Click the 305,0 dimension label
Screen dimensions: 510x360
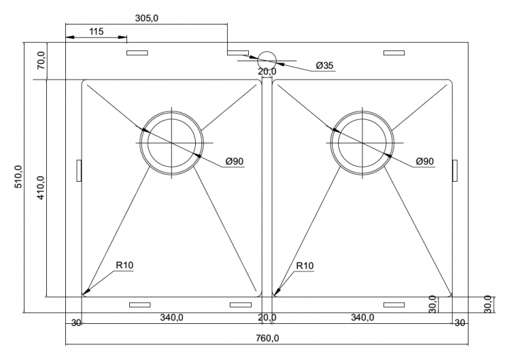147,18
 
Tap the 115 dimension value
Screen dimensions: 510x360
96,31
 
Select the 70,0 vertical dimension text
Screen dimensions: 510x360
41,61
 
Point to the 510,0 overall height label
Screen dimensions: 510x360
19,176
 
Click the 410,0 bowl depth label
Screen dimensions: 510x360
41,188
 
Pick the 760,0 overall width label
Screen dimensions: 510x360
267,338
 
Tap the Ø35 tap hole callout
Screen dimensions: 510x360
324,65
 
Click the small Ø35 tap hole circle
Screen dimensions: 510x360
267,61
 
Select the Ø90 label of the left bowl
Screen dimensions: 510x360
234,161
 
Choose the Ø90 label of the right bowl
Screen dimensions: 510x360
425,161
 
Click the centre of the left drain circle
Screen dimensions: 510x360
172,142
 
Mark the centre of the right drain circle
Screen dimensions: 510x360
362,142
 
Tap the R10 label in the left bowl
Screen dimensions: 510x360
124,265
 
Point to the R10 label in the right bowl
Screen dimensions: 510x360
305,266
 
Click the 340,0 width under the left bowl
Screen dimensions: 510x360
171,317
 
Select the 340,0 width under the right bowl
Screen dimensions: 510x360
362,317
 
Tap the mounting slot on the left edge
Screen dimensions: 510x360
78,170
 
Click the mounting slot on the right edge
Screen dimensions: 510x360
455,170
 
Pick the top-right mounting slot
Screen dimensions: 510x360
394,52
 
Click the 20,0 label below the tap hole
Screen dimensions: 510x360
267,71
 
